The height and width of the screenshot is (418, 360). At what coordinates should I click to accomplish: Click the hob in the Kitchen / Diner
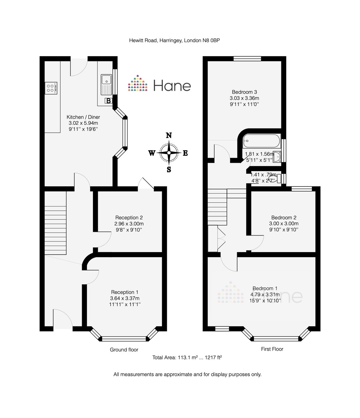coord(51,88)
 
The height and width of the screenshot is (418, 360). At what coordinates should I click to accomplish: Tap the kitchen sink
coord(106,85)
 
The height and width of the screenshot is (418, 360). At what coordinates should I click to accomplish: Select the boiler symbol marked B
coord(109,101)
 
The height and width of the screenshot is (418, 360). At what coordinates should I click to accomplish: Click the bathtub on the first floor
coord(261,141)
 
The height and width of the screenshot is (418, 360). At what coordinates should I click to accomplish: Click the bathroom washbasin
coord(277,157)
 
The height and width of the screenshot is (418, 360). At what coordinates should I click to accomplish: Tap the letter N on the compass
coord(169,135)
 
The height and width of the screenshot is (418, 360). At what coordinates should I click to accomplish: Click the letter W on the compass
coord(152,153)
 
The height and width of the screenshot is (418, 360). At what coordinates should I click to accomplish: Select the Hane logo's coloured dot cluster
coord(138,83)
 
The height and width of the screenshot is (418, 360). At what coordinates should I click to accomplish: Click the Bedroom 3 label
coord(244,92)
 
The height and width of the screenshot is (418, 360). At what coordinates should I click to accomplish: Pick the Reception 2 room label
coord(129,218)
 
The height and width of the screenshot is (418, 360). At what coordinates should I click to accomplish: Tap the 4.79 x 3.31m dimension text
coord(265,294)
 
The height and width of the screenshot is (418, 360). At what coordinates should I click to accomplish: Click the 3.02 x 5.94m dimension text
coord(83,123)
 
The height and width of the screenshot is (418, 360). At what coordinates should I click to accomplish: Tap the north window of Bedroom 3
coord(247,59)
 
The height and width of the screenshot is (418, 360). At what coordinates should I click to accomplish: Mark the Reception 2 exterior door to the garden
coord(146,184)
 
